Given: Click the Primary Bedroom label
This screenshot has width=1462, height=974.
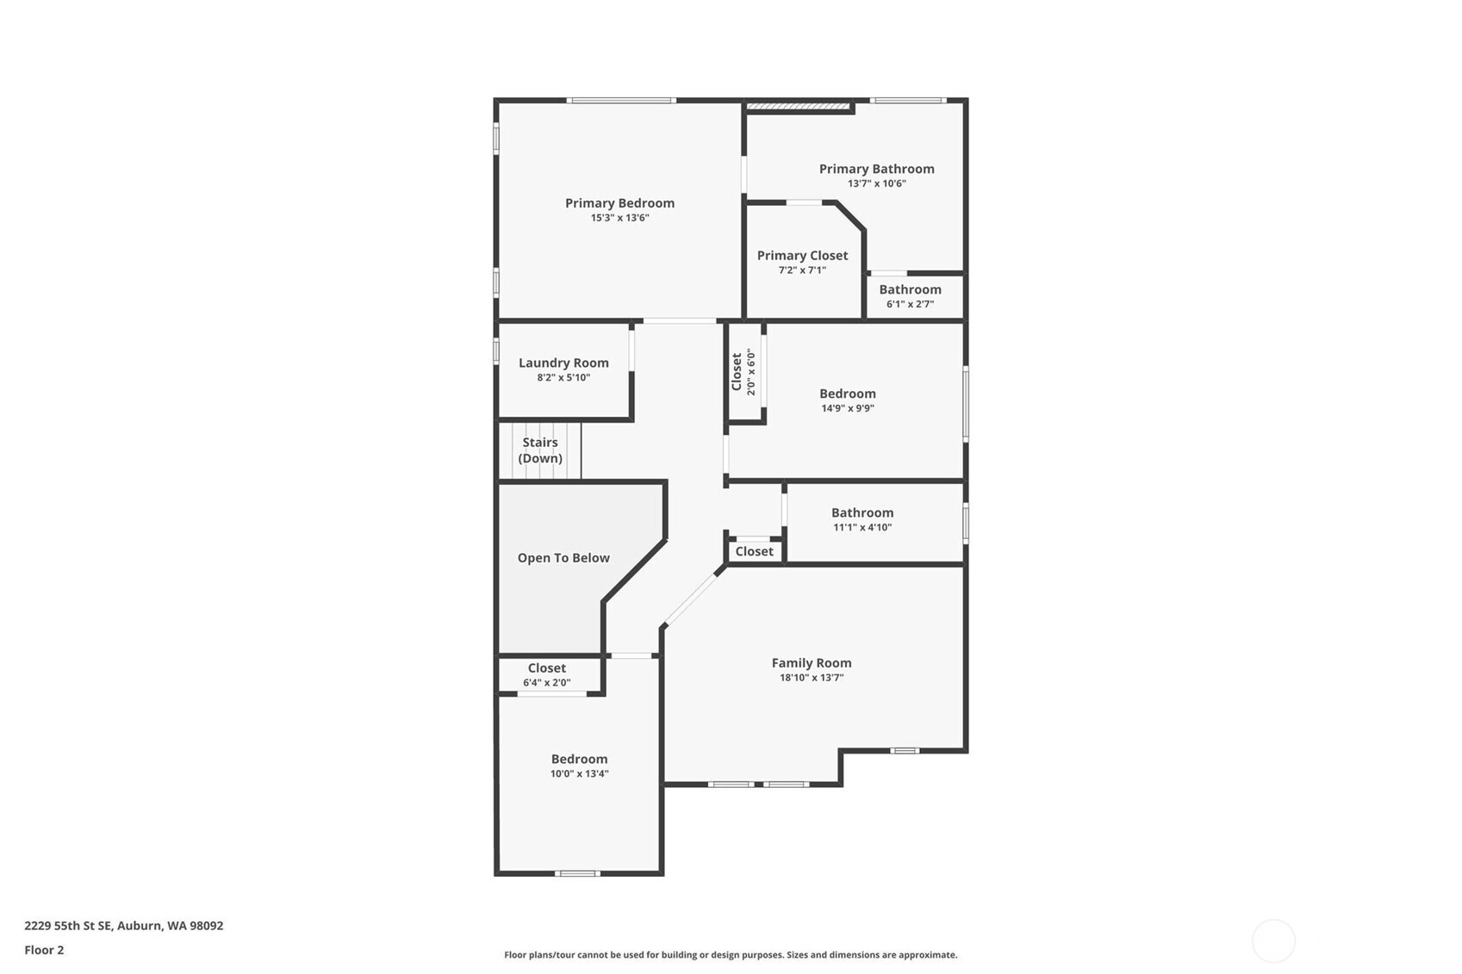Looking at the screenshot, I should [619, 203].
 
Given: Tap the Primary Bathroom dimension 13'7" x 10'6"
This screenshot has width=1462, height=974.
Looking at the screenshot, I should [876, 183].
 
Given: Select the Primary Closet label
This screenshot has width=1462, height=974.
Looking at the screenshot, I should [802, 256].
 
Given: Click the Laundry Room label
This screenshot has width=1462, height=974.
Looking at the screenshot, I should [563, 363].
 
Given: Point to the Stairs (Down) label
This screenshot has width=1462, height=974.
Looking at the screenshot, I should [540, 450].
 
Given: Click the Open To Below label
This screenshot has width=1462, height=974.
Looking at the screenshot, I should [563, 558].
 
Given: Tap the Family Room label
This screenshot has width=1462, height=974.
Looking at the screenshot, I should [812, 663].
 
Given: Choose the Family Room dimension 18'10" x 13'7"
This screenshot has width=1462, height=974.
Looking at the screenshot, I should [812, 678].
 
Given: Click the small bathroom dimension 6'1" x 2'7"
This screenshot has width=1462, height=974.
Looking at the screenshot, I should [910, 304].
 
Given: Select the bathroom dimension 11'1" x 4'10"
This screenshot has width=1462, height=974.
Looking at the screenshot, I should [862, 527].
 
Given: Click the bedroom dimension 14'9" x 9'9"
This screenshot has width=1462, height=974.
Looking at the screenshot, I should [848, 408].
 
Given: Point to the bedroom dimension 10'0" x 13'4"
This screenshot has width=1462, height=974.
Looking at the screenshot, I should [579, 773].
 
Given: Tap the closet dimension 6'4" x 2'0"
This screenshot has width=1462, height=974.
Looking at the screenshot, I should [546, 683].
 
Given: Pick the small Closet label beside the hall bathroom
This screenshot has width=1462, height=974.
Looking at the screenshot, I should [754, 551].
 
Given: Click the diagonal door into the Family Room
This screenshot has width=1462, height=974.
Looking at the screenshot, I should [691, 599].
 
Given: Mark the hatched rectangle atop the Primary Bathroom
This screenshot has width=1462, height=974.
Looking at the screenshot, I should [798, 107].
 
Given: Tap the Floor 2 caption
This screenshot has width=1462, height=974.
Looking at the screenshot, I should [44, 950].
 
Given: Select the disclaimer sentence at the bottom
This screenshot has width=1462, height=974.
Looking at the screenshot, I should [731, 954].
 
